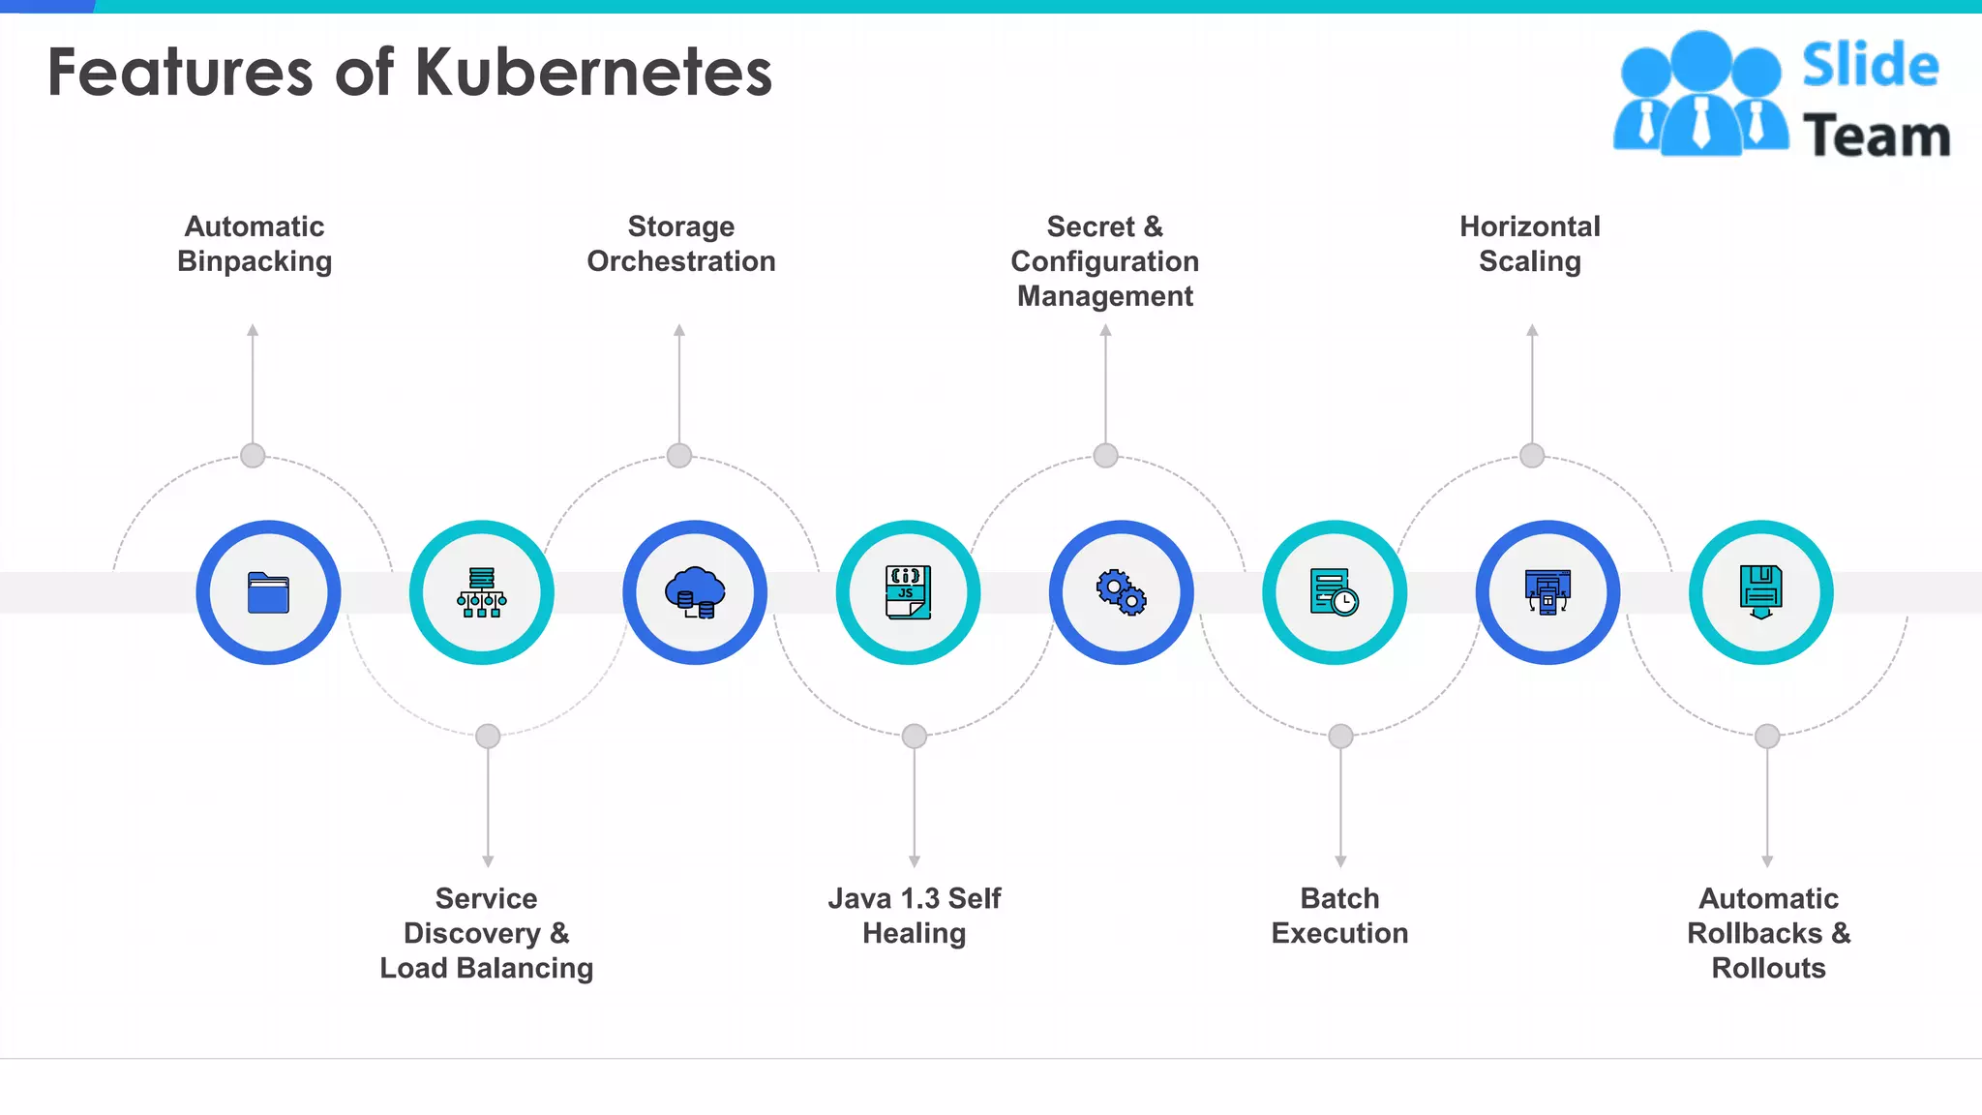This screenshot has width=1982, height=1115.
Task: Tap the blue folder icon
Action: pos(268,592)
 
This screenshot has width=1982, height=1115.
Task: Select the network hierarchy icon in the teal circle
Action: pos(482,592)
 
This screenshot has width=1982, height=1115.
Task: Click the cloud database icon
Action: pos(695,592)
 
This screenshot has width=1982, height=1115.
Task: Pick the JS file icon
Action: pos(908,592)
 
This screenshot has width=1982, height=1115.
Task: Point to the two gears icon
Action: pos(1121,592)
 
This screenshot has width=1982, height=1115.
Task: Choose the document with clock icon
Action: pos(1335,592)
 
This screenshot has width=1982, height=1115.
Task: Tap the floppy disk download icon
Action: pos(1761,592)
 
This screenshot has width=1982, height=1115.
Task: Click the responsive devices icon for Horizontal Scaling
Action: pos(1547,592)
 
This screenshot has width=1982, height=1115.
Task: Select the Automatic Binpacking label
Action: pos(255,244)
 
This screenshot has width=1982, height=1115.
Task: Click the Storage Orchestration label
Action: pos(681,244)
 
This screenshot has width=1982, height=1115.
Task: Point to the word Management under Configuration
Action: pos(1105,296)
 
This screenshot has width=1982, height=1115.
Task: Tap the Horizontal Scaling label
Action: pos(1530,244)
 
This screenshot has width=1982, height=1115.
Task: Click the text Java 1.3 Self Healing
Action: pos(915,916)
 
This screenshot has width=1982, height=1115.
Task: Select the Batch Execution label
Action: pos(1339,916)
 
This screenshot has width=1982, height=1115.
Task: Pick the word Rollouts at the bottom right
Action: pos(1768,968)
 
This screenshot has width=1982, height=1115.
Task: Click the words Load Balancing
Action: pos(486,968)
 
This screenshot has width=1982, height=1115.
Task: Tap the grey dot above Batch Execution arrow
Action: pos(1340,737)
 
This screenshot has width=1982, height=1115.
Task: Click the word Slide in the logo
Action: pos(1870,66)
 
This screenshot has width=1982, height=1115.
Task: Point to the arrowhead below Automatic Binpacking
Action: pos(253,330)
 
